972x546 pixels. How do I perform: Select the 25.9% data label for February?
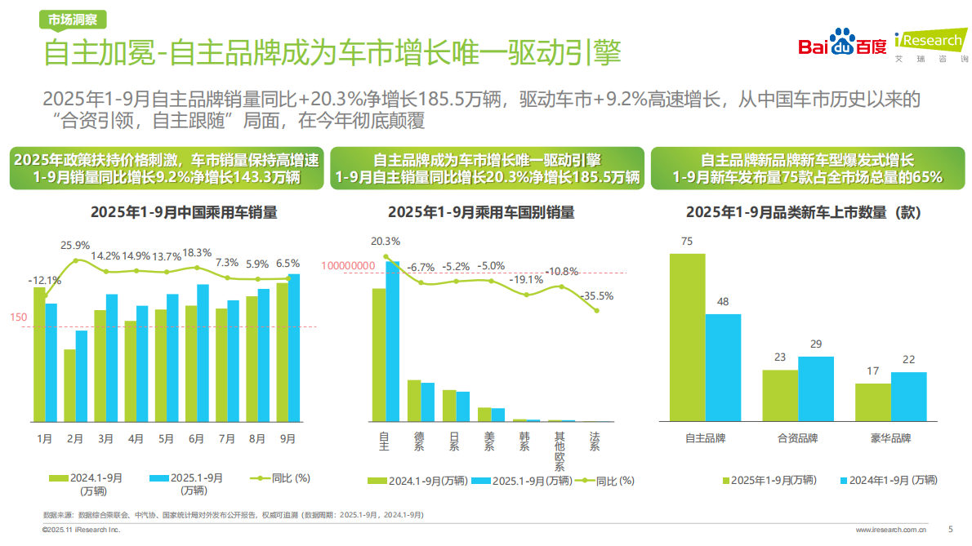pyautogui.click(x=75, y=245)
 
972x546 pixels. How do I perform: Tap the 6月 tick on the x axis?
pyautogui.click(x=196, y=438)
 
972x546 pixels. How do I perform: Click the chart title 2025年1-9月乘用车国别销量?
pyautogui.click(x=481, y=212)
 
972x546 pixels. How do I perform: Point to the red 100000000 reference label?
pyautogui.click(x=348, y=265)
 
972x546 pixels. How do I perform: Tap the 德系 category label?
pyautogui.click(x=419, y=442)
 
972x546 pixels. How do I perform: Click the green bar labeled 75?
pyautogui.click(x=687, y=337)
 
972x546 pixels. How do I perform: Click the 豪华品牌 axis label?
pyautogui.click(x=890, y=438)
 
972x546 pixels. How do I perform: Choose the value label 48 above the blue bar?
pyautogui.click(x=723, y=302)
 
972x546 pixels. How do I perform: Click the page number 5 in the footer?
pyautogui.click(x=950, y=529)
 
